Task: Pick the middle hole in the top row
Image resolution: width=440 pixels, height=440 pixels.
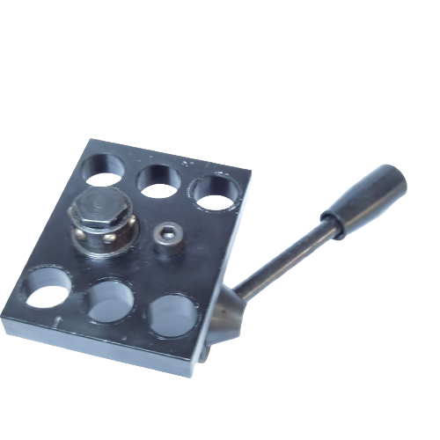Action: [x=159, y=180]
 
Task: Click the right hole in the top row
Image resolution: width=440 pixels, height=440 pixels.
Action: [x=215, y=192]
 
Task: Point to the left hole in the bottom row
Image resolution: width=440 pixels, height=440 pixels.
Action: [x=48, y=289]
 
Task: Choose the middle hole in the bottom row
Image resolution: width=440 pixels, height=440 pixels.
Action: [x=110, y=301]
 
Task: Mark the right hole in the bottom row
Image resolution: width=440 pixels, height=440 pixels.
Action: [x=173, y=315]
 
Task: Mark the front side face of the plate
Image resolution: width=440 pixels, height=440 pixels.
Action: [x=97, y=348]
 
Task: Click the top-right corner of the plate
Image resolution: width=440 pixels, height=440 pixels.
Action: [x=250, y=173]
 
